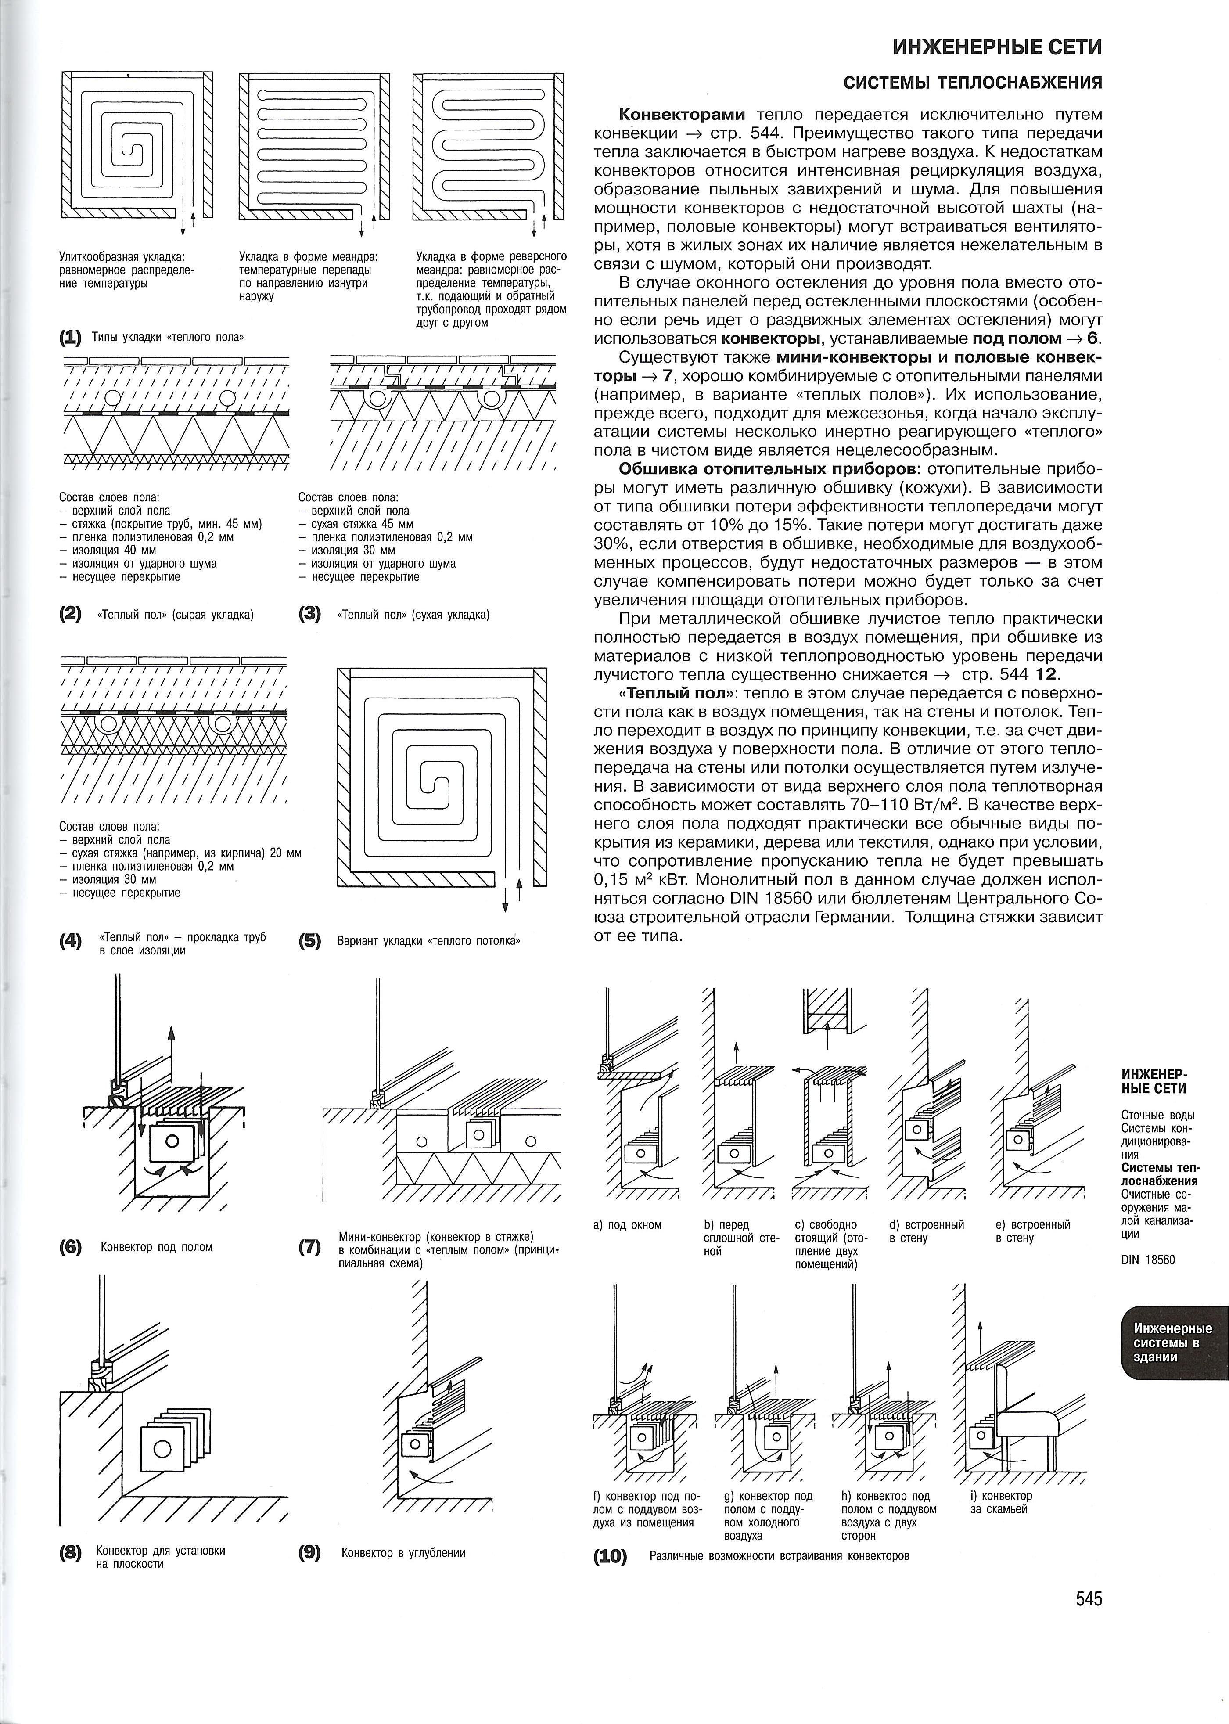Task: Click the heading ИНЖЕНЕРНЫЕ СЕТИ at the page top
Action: coord(997,48)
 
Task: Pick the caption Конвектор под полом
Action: coord(157,1246)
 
